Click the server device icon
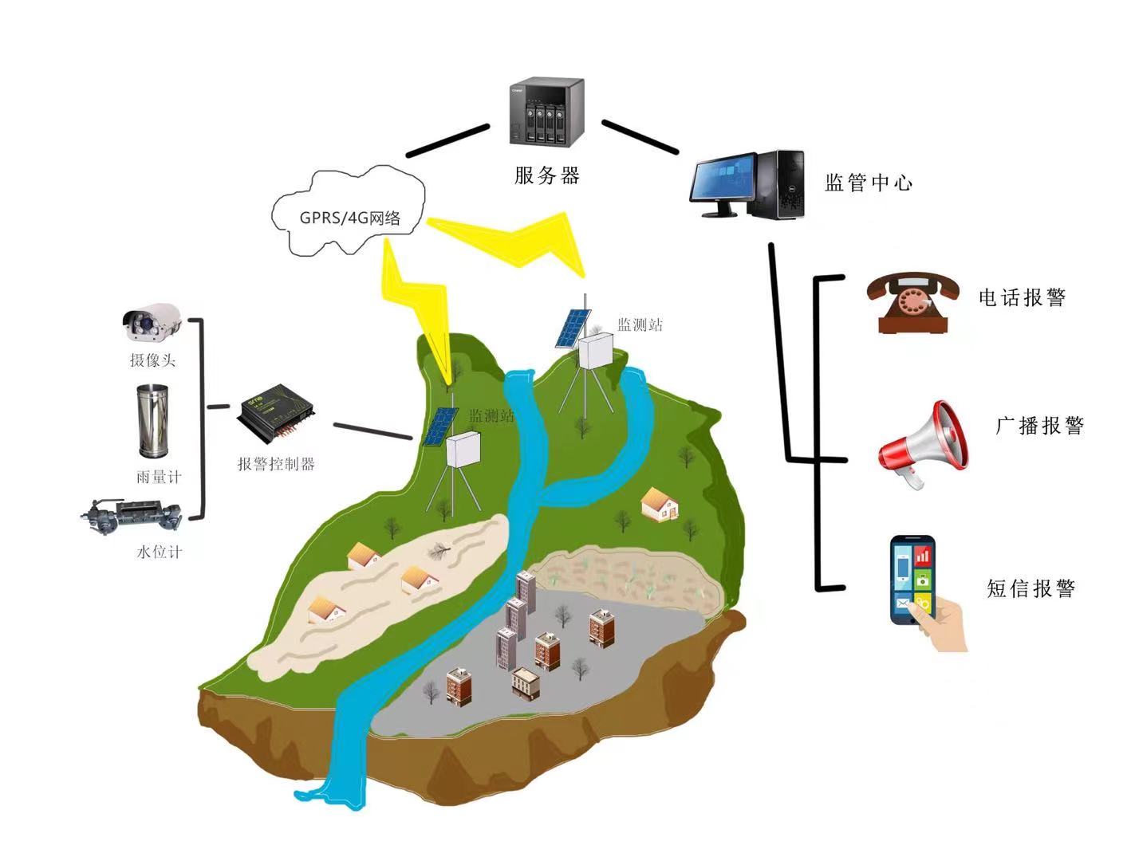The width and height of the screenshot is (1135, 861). [546, 112]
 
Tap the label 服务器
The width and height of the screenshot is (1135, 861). [546, 175]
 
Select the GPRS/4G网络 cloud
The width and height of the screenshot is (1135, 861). [349, 214]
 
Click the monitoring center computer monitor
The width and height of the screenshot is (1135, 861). [723, 183]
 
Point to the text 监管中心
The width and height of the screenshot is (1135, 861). [868, 183]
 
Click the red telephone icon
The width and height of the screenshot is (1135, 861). [912, 303]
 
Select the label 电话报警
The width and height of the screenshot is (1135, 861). [1022, 298]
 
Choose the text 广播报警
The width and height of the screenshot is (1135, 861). [1039, 426]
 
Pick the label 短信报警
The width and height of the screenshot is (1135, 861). [1031, 589]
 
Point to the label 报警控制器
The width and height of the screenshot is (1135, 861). [276, 464]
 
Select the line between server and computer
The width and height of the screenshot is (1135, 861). [639, 136]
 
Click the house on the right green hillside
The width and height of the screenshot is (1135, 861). [660, 505]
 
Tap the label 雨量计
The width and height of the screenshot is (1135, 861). [159, 478]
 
